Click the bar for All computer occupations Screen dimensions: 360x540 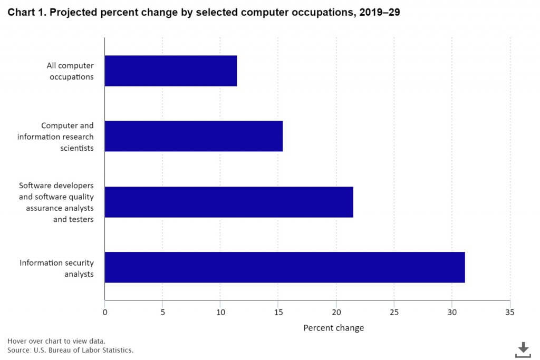(170, 71)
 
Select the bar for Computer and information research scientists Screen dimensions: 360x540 (194, 136)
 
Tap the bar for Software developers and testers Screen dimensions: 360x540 (229, 202)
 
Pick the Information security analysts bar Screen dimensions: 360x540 (285, 267)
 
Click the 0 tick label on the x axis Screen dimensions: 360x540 (105, 312)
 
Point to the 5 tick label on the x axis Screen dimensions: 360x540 (162, 312)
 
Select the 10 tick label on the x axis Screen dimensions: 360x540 (220, 312)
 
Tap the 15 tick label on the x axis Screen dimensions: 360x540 (278, 312)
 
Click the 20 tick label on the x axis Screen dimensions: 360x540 (336, 312)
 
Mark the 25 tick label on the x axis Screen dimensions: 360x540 (394, 312)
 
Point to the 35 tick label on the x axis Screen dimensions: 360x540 (509, 312)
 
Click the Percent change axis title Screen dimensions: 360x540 (333, 328)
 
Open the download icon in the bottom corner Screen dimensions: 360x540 (523, 349)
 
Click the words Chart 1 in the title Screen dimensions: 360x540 (25, 13)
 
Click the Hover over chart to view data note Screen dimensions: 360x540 (56, 341)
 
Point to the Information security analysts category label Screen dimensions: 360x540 (56, 268)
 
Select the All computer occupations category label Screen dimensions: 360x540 (70, 71)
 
